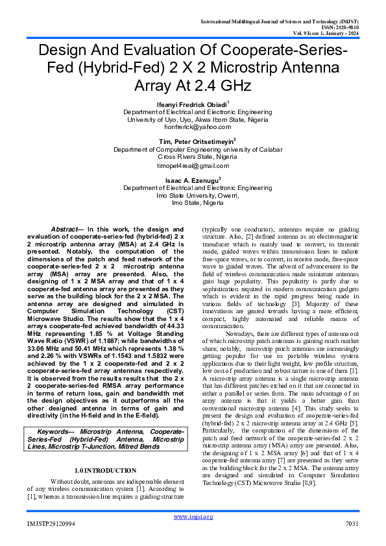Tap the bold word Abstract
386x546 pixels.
(x=66, y=230)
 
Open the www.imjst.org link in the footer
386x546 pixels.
(x=193, y=516)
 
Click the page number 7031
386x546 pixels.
(x=352, y=523)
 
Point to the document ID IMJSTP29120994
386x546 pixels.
(x=51, y=523)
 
